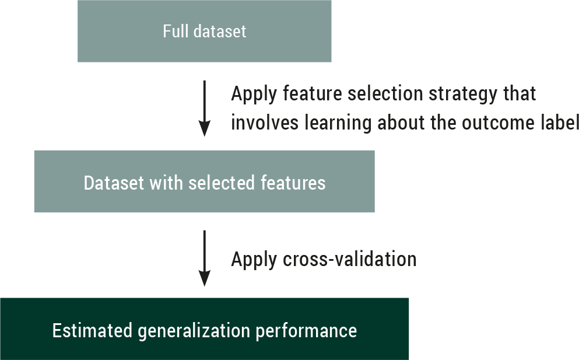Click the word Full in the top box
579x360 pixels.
tap(176, 31)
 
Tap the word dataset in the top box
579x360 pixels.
tap(220, 31)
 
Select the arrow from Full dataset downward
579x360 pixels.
tap(204, 109)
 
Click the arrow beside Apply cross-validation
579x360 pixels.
tap(204, 258)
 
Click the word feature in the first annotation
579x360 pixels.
tap(312, 93)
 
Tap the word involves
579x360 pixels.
tap(264, 123)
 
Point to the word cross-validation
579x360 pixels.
tap(350, 258)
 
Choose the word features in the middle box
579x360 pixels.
tap(293, 183)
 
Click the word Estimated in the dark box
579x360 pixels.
tap(92, 330)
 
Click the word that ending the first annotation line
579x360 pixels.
tap(520, 93)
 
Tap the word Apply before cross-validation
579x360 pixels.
tap(254, 260)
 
